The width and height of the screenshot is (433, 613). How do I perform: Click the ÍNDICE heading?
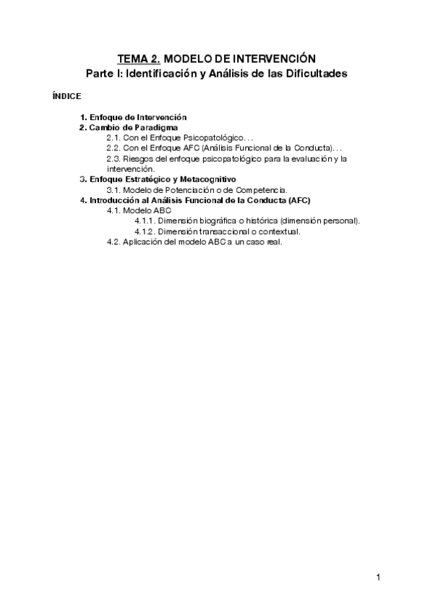point(67,96)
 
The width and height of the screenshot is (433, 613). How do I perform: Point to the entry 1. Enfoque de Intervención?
point(134,117)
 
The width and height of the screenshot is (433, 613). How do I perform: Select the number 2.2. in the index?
point(113,147)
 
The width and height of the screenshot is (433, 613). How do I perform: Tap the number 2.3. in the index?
point(113,158)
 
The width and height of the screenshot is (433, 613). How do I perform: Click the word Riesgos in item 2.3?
point(138,158)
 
